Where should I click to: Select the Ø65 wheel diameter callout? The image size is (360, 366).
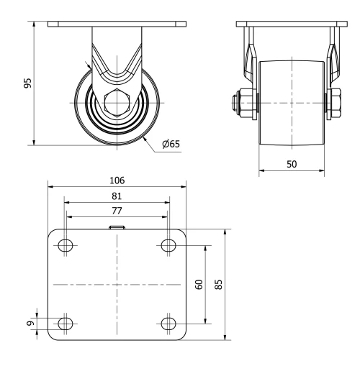[171, 144]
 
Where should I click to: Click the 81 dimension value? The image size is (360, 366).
[116, 196]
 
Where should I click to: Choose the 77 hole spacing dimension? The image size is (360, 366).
[116, 211]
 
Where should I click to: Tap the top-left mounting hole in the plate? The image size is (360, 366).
[66, 246]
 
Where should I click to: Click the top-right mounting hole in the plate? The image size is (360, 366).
[168, 246]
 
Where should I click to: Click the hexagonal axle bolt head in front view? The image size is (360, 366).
[116, 103]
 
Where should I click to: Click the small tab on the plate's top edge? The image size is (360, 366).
[117, 227]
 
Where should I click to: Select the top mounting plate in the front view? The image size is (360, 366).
[116, 25]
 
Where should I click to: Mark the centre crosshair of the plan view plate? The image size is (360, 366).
[117, 285]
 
